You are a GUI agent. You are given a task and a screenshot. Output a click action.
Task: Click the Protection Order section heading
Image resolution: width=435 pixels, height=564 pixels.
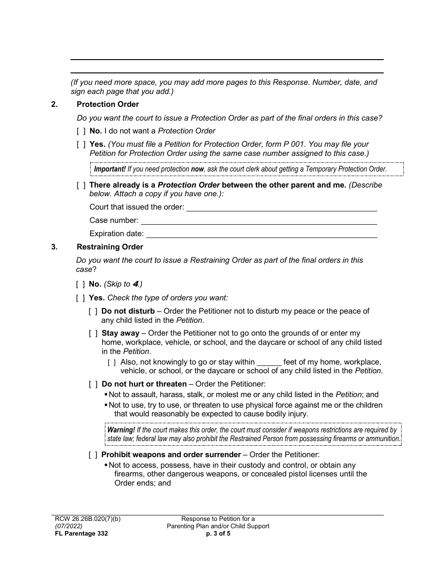tap(108, 105)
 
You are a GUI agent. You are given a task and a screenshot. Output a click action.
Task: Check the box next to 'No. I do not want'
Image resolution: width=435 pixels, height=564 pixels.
tap(81, 131)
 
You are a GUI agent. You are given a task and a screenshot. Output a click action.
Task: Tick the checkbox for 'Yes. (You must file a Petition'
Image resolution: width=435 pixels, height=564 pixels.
tap(81, 144)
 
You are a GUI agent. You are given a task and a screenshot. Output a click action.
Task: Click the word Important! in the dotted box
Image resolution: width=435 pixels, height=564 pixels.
tap(110, 169)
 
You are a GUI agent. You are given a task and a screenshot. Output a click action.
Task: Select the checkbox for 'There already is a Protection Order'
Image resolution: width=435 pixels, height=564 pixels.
tap(81, 185)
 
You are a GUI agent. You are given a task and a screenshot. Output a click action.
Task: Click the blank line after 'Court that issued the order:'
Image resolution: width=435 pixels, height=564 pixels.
tap(281, 208)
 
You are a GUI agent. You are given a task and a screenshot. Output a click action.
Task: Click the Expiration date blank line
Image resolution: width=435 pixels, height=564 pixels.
tap(261, 234)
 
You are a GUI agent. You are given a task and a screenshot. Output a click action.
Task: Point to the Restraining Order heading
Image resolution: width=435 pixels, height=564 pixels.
tap(110, 247)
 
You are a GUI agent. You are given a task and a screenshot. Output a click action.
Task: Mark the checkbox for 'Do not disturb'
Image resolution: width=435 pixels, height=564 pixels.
tap(93, 311)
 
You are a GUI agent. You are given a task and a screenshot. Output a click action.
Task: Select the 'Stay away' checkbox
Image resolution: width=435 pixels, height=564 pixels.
tap(93, 333)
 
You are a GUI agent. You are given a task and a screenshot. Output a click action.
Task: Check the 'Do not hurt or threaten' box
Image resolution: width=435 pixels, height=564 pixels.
tap(93, 384)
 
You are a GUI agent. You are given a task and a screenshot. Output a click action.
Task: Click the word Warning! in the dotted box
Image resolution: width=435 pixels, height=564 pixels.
tap(121, 430)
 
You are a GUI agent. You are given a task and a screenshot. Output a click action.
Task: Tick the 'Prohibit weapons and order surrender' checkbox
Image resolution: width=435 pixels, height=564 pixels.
tap(93, 455)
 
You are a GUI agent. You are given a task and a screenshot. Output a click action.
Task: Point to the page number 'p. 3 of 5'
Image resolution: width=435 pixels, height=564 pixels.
tap(218, 534)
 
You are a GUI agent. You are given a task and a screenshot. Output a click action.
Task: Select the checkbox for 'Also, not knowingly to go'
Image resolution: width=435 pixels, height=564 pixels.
tap(112, 362)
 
